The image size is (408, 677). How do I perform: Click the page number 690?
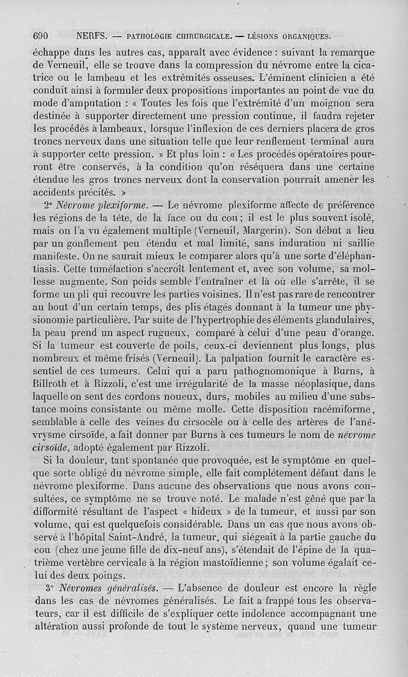click(x=40, y=36)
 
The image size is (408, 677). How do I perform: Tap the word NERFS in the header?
click(x=91, y=36)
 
